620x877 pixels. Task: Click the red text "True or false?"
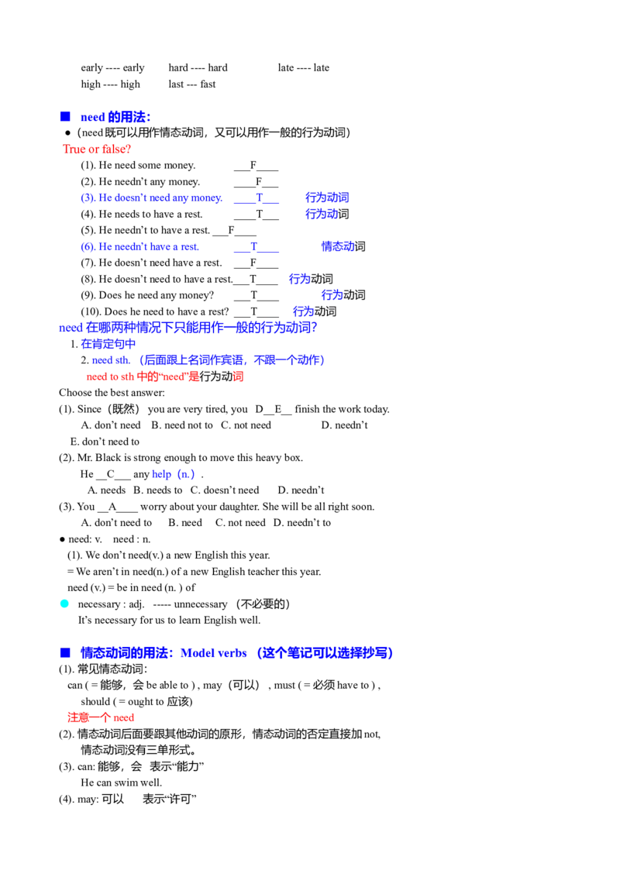point(97,148)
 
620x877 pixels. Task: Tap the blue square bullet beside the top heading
point(64,116)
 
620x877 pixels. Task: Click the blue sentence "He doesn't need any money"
point(152,198)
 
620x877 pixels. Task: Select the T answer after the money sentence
point(259,197)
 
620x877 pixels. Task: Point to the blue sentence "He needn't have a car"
point(140,247)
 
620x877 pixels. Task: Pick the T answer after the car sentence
point(253,246)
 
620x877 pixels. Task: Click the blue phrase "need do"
point(109,359)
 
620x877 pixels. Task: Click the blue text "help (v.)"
point(173,474)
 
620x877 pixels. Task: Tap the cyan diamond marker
point(64,603)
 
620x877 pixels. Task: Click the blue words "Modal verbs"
point(213,654)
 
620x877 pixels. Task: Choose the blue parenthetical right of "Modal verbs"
point(325,654)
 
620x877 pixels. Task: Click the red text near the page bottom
point(100,718)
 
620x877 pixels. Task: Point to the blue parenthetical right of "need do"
point(231,359)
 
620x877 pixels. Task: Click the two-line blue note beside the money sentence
point(327,205)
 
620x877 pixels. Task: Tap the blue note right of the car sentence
point(338,246)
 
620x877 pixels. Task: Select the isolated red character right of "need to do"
point(239,377)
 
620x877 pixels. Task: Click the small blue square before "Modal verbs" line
point(64,654)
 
